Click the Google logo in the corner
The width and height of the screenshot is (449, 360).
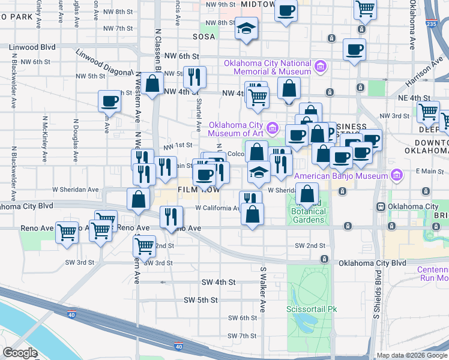20,353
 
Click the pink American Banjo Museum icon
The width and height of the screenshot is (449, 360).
396,175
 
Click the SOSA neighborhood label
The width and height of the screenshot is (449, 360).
203,36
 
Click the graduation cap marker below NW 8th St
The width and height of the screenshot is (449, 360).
246,29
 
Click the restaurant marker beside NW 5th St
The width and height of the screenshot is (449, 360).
194,76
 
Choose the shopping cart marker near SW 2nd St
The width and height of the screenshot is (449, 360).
145,245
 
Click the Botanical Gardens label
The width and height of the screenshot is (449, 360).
309,215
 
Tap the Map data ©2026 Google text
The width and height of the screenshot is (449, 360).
411,355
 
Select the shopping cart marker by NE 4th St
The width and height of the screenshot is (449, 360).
428,112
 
